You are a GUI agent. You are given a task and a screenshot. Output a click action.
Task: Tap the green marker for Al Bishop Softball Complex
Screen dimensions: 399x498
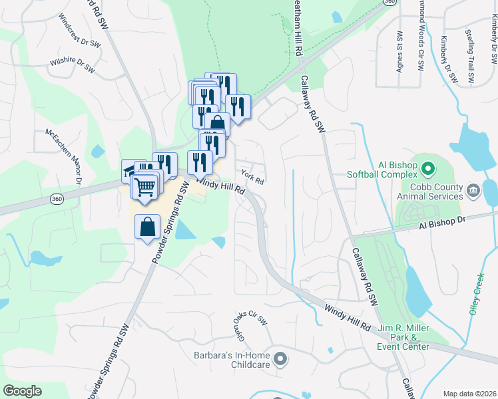coord(428,167)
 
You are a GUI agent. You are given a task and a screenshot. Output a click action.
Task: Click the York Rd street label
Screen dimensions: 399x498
coord(253,178)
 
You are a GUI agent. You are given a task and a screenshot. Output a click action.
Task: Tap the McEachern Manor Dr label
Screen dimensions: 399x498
coord(63,156)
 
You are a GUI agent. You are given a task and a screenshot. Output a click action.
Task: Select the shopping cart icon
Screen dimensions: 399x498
coord(146,186)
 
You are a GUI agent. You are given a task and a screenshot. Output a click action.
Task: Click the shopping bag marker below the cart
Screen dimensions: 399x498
coord(147,227)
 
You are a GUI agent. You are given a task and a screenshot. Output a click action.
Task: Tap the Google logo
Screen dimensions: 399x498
coord(22,391)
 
